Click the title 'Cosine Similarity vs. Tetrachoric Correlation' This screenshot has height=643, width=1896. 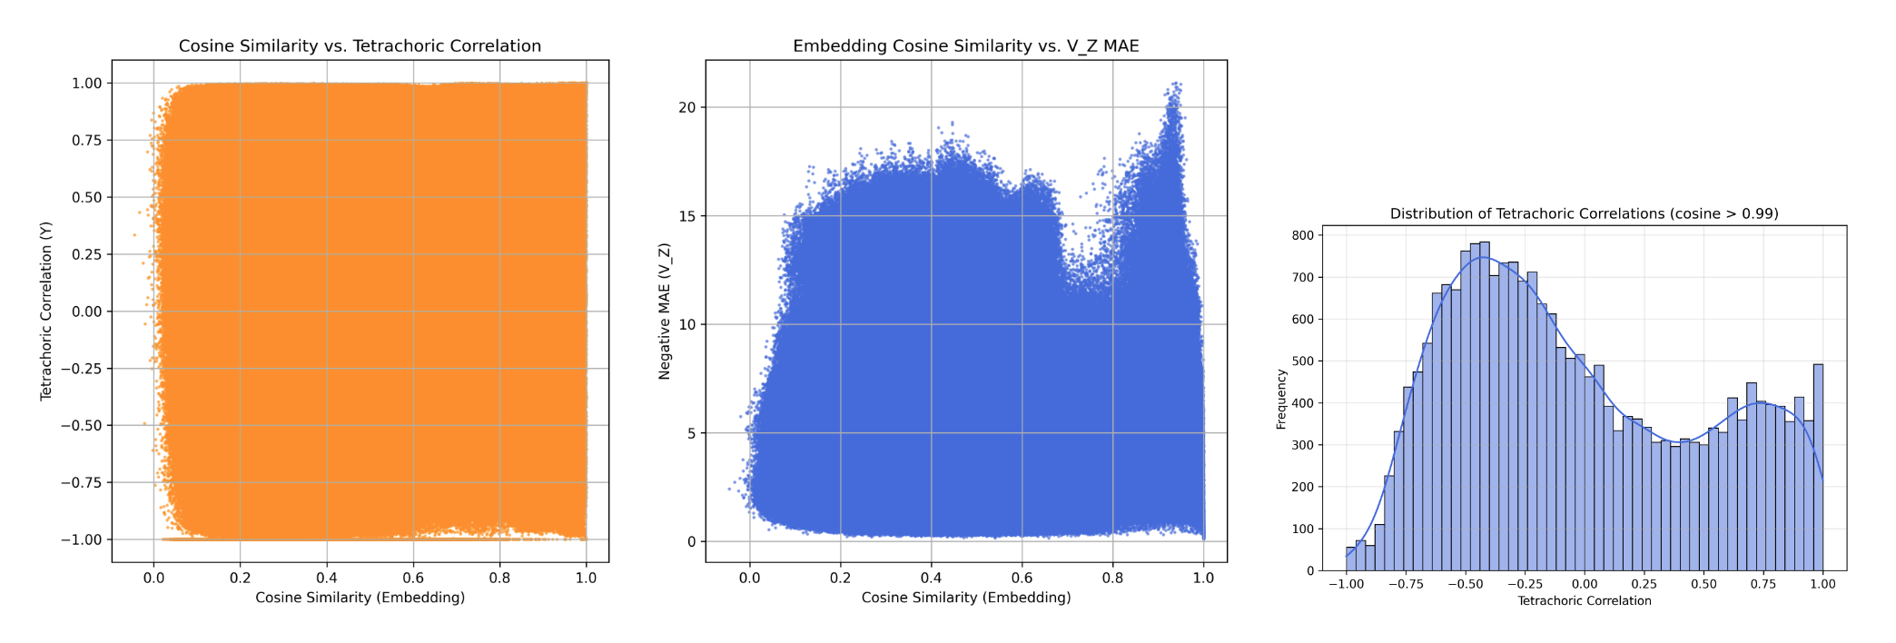click(360, 46)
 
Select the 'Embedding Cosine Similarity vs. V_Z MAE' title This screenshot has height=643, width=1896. click(965, 46)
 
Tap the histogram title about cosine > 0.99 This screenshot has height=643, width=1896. click(1584, 214)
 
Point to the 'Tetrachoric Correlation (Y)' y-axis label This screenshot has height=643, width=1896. click(46, 311)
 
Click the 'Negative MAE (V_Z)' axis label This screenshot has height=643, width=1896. click(665, 311)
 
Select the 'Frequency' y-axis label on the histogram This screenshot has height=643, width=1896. click(1281, 399)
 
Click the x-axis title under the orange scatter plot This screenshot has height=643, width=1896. click(360, 598)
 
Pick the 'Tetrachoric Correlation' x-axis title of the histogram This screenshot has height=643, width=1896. click(1584, 601)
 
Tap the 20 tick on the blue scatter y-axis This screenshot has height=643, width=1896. click(686, 107)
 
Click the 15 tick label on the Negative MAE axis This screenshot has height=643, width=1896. click(686, 216)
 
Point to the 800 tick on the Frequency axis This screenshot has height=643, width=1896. click(1303, 235)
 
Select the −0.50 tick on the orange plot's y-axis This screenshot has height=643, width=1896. click(82, 425)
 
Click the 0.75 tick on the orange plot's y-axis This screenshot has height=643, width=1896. click(86, 140)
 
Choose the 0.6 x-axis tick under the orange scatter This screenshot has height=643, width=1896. click(413, 578)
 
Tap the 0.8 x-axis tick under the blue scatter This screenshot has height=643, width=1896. click(1112, 578)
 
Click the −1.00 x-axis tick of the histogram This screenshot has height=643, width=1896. click(1346, 584)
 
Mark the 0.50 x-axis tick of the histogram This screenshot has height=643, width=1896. click(1703, 584)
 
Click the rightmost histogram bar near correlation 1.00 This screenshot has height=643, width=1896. click(1818, 468)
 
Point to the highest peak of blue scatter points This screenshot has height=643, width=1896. click(1175, 84)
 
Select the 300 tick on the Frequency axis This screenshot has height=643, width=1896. click(1303, 445)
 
